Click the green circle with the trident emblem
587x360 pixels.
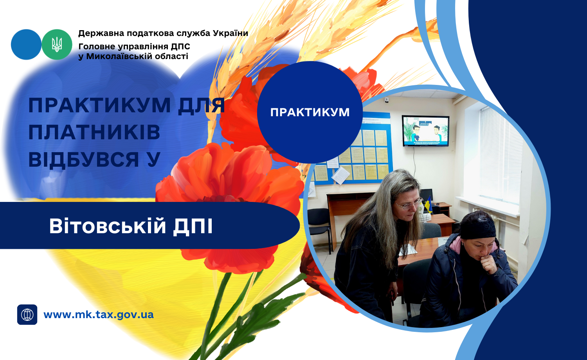[57, 45]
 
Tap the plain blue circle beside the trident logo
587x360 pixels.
[26, 45]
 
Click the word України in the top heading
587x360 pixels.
[230, 33]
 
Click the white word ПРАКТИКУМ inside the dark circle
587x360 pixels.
[310, 112]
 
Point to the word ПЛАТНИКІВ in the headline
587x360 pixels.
[94, 132]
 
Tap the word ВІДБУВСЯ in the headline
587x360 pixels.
[84, 159]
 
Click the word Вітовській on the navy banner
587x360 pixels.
[108, 226]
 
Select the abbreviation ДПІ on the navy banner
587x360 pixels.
[193, 227]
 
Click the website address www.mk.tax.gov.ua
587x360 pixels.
[99, 315]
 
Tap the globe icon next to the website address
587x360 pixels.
[27, 315]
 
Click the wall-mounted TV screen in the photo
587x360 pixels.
[426, 131]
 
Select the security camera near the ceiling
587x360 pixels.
[387, 100]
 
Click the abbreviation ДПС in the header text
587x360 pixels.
[180, 47]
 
